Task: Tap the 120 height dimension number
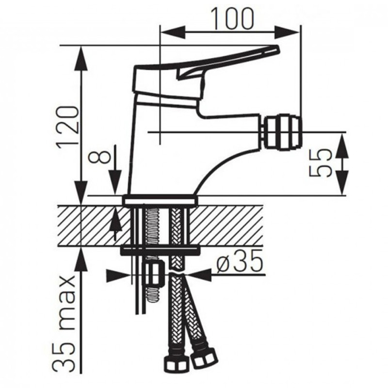pos(68,128)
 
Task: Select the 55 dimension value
pos(320,163)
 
